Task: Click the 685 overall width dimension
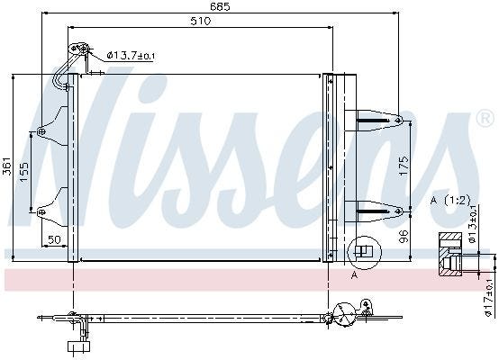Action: [x=220, y=6]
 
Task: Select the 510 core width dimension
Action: [x=201, y=21]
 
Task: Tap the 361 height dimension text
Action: [x=6, y=166]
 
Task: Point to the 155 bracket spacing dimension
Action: [x=24, y=173]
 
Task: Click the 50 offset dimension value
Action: [x=54, y=239]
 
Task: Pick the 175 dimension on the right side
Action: [x=404, y=165]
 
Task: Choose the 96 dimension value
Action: [x=404, y=237]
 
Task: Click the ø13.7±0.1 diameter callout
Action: [x=132, y=56]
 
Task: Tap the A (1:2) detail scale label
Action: [x=450, y=201]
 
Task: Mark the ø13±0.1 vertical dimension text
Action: [x=472, y=223]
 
